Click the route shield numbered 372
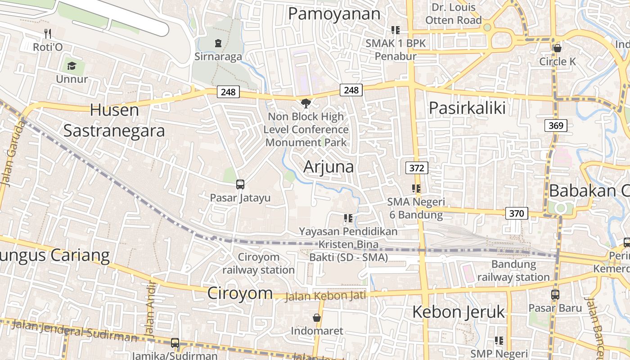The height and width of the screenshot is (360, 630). coord(417,168)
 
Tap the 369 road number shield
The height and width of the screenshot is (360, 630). coord(556,126)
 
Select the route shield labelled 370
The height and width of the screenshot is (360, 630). coord(517,213)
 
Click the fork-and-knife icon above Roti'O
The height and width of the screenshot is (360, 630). coord(48,33)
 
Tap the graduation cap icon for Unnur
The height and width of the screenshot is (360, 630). coord(72,67)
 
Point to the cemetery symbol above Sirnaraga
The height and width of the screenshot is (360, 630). coord(218,43)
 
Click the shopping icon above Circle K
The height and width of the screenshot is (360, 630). coord(558,48)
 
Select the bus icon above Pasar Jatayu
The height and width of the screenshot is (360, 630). coord(240,184)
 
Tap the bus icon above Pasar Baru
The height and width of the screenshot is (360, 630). coord(555,295)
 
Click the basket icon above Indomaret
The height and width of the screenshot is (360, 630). coord(317,318)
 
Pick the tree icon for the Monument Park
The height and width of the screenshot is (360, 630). coord(306,103)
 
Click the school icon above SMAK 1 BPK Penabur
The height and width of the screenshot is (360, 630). coord(396,30)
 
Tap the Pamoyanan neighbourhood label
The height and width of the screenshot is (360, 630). coord(334,14)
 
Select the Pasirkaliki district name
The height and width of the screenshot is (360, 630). coord(467,108)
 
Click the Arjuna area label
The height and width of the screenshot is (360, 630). coord(328,166)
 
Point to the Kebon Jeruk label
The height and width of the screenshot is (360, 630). coord(459,311)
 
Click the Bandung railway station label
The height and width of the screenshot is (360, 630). coord(513,270)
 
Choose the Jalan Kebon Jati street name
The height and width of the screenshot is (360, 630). coord(326,296)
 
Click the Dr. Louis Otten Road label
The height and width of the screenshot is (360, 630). coord(454,14)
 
